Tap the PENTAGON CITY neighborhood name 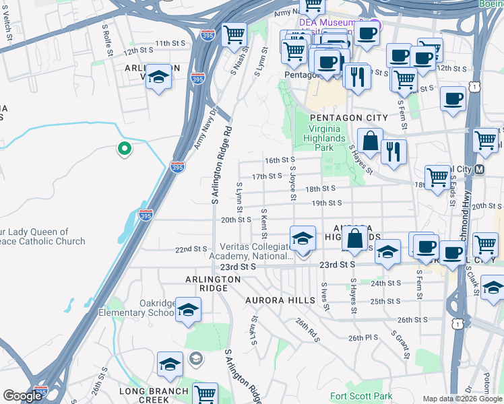(348, 118)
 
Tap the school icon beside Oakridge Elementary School (188, 310)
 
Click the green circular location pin (124, 148)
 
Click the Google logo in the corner (22, 396)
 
